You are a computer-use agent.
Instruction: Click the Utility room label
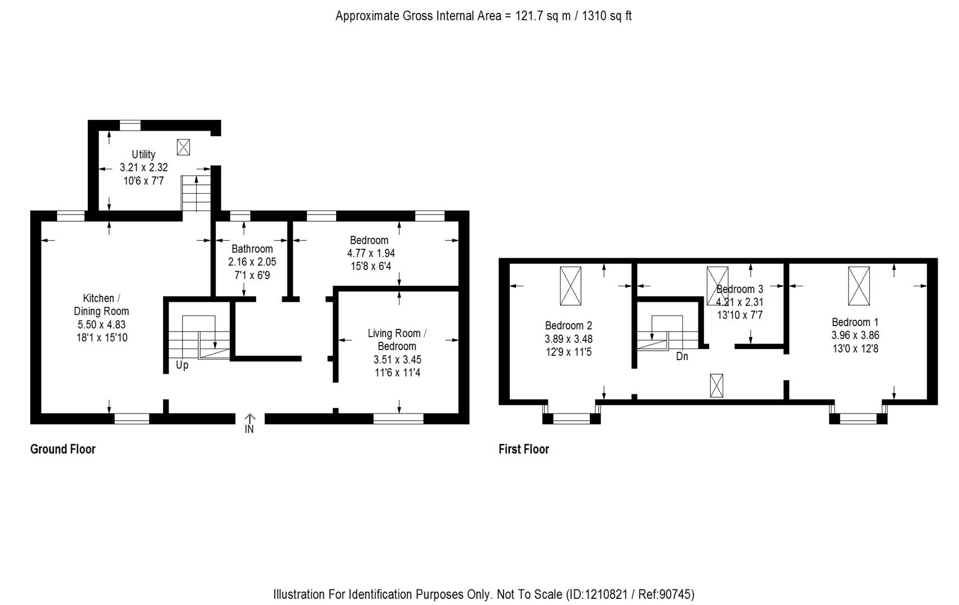(x=143, y=154)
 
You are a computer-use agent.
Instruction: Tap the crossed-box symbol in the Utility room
(x=183, y=147)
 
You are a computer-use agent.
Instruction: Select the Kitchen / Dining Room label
(x=101, y=305)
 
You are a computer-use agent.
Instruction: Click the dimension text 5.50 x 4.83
(x=101, y=324)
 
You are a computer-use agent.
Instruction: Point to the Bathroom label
(x=252, y=249)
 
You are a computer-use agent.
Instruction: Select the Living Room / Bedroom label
(x=397, y=339)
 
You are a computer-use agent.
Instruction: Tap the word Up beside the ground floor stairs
(x=182, y=365)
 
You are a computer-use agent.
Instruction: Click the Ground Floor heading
(x=63, y=449)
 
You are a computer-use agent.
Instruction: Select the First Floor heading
(x=524, y=449)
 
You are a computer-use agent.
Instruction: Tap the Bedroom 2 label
(x=569, y=325)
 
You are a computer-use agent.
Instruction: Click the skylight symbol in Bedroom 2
(x=570, y=286)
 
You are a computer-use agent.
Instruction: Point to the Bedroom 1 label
(x=855, y=322)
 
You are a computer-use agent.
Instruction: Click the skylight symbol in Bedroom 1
(x=858, y=286)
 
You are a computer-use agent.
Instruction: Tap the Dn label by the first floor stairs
(x=682, y=356)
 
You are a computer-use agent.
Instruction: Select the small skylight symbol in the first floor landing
(x=716, y=385)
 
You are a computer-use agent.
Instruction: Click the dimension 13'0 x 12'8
(x=855, y=348)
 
